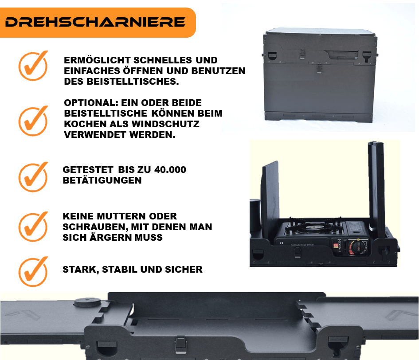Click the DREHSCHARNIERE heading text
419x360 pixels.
point(95,22)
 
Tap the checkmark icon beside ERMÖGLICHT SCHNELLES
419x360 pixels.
point(33,66)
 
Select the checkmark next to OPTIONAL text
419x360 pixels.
point(33,121)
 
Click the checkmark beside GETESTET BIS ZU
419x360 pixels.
point(33,177)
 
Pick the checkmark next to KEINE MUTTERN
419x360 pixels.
point(33,227)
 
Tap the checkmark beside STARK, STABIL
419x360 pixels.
point(33,272)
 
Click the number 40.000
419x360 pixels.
point(170,170)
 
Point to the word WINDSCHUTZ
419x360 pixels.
point(165,124)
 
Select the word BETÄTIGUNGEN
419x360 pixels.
point(102,180)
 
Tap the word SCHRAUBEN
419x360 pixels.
point(95,227)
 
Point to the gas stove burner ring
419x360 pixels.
point(313,227)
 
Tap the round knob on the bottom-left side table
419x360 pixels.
point(87,302)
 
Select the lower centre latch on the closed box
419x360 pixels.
point(319,68)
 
